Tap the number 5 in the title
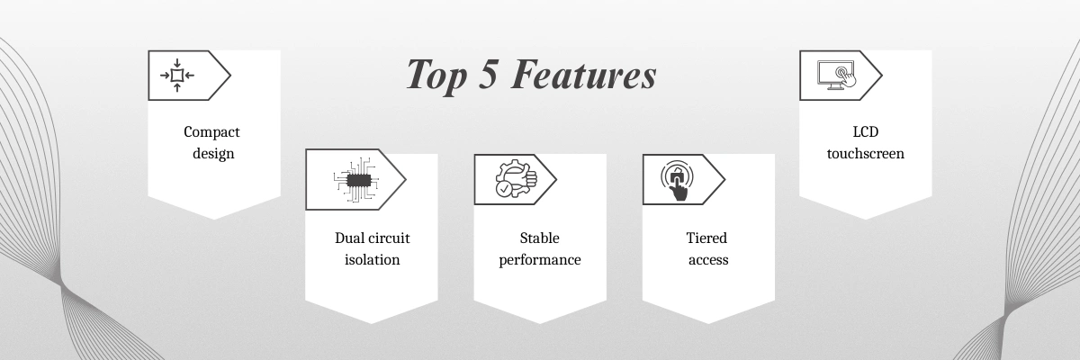tap(489, 74)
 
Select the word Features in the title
tap(583, 74)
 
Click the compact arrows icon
tap(177, 76)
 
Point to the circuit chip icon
tap(355, 180)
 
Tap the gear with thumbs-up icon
tap(516, 179)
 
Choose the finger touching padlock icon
tap(678, 181)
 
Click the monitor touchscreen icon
tap(836, 75)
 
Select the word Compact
tap(211, 132)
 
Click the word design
tap(213, 153)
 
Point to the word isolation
tap(373, 260)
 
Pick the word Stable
tap(539, 238)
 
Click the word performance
tap(539, 260)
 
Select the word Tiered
tap(706, 238)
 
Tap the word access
tap(708, 260)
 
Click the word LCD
tap(866, 131)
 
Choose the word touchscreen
tap(866, 154)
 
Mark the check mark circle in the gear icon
tap(504, 189)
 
